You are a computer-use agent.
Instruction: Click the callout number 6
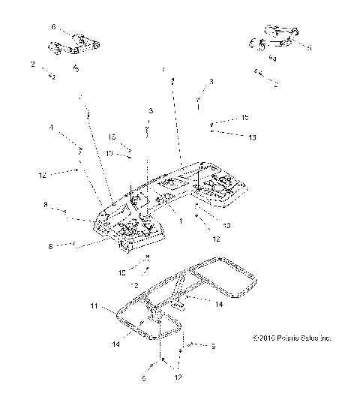[x=53, y=26]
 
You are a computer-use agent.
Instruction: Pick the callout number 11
[x=94, y=307]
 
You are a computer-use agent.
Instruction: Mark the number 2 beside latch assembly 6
[x=33, y=65]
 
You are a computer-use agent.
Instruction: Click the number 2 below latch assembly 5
[x=275, y=85]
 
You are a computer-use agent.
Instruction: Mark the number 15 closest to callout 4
[x=113, y=137]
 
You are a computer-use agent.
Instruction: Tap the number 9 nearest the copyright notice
[x=213, y=347]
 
